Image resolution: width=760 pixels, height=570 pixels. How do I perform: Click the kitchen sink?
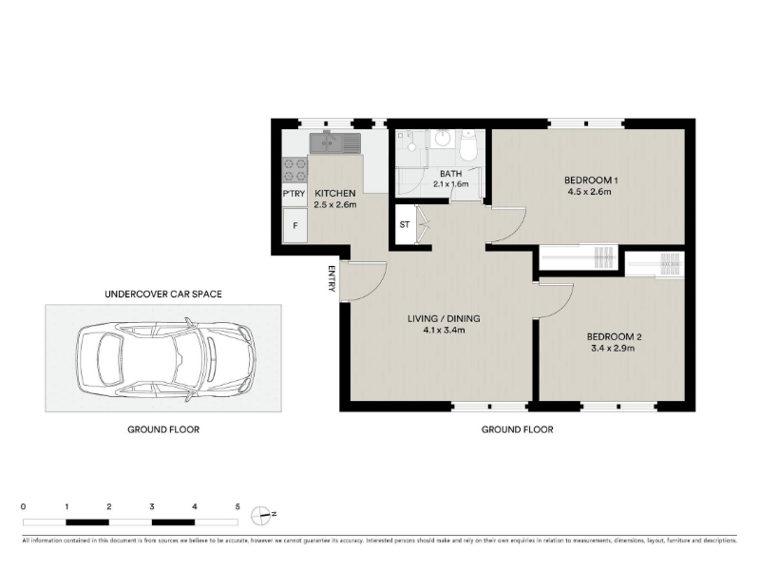click(x=335, y=142)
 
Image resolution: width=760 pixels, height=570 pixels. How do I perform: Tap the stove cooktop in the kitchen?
click(x=294, y=170)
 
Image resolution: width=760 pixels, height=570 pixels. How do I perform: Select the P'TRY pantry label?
click(x=294, y=194)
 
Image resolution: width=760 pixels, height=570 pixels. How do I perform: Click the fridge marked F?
click(x=295, y=225)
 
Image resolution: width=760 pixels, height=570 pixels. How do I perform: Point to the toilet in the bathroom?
click(x=468, y=145)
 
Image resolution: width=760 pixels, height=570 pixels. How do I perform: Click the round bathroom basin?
click(x=442, y=139)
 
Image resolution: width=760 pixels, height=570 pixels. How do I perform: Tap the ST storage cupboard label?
click(x=405, y=224)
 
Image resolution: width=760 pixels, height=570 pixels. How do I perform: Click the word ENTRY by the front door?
click(x=332, y=278)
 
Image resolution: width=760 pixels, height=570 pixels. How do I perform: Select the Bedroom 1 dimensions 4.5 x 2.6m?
click(x=589, y=192)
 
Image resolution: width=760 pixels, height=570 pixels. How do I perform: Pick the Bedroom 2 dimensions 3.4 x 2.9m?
click(x=613, y=348)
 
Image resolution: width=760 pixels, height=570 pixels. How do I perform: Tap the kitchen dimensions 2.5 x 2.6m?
click(x=335, y=204)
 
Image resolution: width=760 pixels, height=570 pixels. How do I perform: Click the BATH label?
click(x=450, y=174)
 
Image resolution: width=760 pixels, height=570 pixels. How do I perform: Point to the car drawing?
click(x=165, y=359)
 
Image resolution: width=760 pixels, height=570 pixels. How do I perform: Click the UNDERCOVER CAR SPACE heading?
click(x=163, y=294)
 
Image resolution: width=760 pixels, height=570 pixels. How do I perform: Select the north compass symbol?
click(x=260, y=516)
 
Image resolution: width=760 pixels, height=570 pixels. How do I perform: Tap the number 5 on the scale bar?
click(x=237, y=507)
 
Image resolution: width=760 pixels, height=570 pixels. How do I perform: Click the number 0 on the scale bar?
click(x=23, y=507)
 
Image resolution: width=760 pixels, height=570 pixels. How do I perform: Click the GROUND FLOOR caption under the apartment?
click(x=517, y=429)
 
